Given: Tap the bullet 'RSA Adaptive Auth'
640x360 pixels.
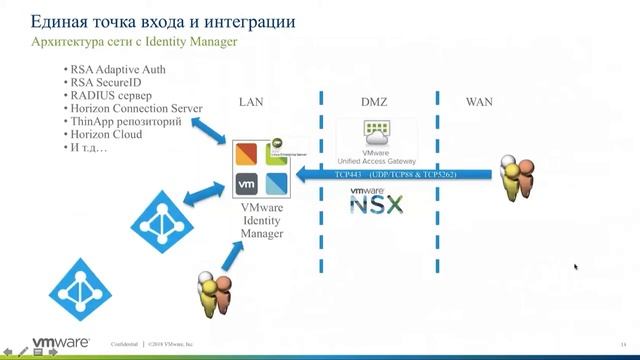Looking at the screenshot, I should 117,70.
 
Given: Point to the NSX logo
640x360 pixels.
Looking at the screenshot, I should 376,203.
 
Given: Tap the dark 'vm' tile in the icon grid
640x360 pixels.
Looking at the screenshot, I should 246,183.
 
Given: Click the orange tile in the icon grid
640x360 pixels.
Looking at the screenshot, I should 246,154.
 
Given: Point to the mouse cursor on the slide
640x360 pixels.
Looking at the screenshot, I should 576,267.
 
